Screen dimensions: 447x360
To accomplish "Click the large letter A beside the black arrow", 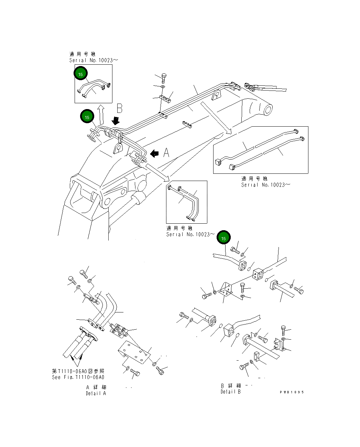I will (x=166, y=152).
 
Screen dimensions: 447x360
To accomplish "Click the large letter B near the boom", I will (x=119, y=108).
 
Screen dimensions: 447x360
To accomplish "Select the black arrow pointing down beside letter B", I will (x=116, y=120).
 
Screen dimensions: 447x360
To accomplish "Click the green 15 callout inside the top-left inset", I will (x=80, y=74).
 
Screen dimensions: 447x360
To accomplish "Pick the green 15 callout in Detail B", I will (x=223, y=238).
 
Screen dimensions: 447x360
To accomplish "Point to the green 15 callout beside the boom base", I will (x=87, y=117).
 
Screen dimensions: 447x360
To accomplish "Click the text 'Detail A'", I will (x=96, y=393).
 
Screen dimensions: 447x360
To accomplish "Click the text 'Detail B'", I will (x=231, y=392).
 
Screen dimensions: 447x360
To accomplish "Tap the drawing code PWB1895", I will (x=292, y=392).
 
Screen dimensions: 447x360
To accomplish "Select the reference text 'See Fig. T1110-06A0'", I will (x=78, y=377).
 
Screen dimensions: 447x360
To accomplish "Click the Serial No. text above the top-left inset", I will (x=93, y=60).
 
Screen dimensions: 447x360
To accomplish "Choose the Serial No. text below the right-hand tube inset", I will (x=265, y=185).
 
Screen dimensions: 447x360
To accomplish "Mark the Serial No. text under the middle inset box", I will (x=190, y=234).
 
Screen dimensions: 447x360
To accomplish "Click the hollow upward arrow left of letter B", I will (x=101, y=115).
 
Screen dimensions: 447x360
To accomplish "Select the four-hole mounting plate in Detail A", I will (x=134, y=352).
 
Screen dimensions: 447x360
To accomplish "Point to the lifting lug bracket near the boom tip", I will (x=217, y=94).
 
